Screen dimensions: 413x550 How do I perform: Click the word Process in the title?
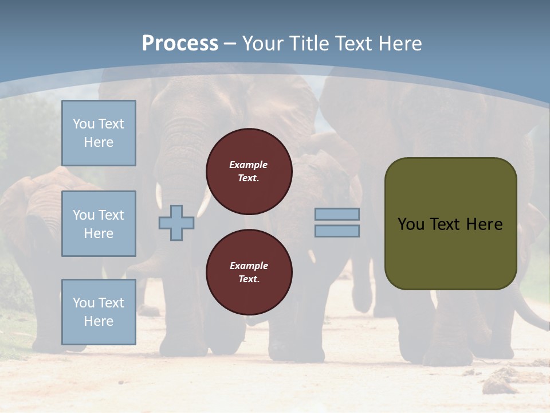point(180,43)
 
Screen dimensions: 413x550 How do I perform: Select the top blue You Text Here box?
point(99,133)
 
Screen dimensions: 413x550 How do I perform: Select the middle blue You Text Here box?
point(99,224)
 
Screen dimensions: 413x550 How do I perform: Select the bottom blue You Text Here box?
point(99,312)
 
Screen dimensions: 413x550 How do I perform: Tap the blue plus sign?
point(176,223)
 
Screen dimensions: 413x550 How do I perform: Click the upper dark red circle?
point(249,172)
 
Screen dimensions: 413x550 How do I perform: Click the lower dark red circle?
point(249,272)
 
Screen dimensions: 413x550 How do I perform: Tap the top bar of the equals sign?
point(337,214)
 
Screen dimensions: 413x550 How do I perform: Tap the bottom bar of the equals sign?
point(337,231)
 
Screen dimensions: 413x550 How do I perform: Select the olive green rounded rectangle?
point(450,252)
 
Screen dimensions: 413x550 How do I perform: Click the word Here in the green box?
point(484,224)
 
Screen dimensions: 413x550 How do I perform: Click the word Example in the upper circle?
point(248,165)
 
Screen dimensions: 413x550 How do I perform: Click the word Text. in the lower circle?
point(249,279)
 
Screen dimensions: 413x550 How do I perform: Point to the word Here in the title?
point(400,43)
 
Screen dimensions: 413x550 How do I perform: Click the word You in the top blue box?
point(83,124)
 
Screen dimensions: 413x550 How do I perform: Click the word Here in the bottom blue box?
point(99,321)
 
